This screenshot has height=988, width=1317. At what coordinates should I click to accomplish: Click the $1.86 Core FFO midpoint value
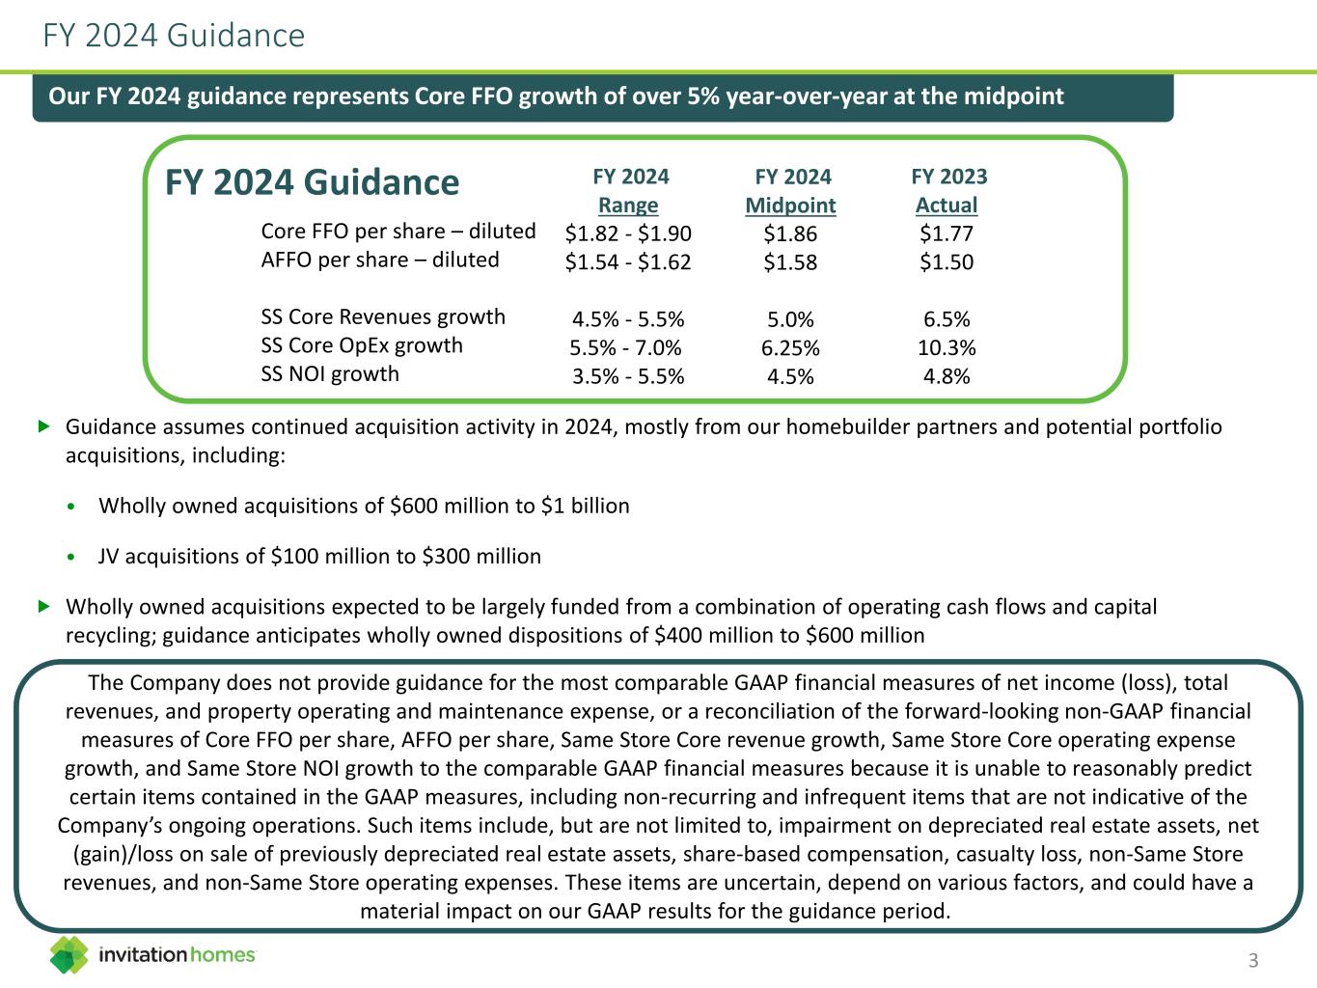pyautogui.click(x=790, y=233)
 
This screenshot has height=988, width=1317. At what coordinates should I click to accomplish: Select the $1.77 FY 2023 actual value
pyautogui.click(x=947, y=233)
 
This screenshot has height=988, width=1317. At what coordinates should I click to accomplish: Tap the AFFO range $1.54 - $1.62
pyautogui.click(x=628, y=261)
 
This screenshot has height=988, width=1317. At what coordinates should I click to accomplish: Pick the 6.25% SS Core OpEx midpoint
pyautogui.click(x=790, y=347)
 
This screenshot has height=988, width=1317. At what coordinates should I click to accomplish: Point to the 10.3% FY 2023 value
pyautogui.click(x=947, y=347)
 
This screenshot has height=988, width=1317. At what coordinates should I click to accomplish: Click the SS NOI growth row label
pyautogui.click(x=330, y=373)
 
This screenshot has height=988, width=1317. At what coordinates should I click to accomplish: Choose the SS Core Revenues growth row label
pyautogui.click(x=383, y=316)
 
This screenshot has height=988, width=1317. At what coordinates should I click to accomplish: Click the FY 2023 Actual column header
pyautogui.click(x=948, y=190)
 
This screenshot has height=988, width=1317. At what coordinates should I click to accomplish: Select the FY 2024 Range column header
pyautogui.click(x=629, y=190)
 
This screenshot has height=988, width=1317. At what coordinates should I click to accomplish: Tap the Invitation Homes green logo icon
pyautogui.click(x=69, y=954)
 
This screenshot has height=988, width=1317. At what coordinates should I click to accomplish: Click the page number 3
pyautogui.click(x=1253, y=960)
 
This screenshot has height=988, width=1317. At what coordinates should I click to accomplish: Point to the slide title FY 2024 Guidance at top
pyautogui.click(x=174, y=36)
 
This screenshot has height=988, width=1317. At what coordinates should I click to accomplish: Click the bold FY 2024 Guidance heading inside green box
pyautogui.click(x=313, y=182)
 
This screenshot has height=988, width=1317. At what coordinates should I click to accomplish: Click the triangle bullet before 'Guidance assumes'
pyautogui.click(x=42, y=425)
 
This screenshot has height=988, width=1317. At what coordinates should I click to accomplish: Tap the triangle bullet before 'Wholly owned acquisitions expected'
pyautogui.click(x=42, y=606)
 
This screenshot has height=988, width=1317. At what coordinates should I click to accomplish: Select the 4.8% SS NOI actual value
pyautogui.click(x=947, y=376)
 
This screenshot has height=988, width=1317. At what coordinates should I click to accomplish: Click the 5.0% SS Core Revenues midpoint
pyautogui.click(x=790, y=319)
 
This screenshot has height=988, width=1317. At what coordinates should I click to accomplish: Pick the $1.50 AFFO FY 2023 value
pyautogui.click(x=947, y=262)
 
